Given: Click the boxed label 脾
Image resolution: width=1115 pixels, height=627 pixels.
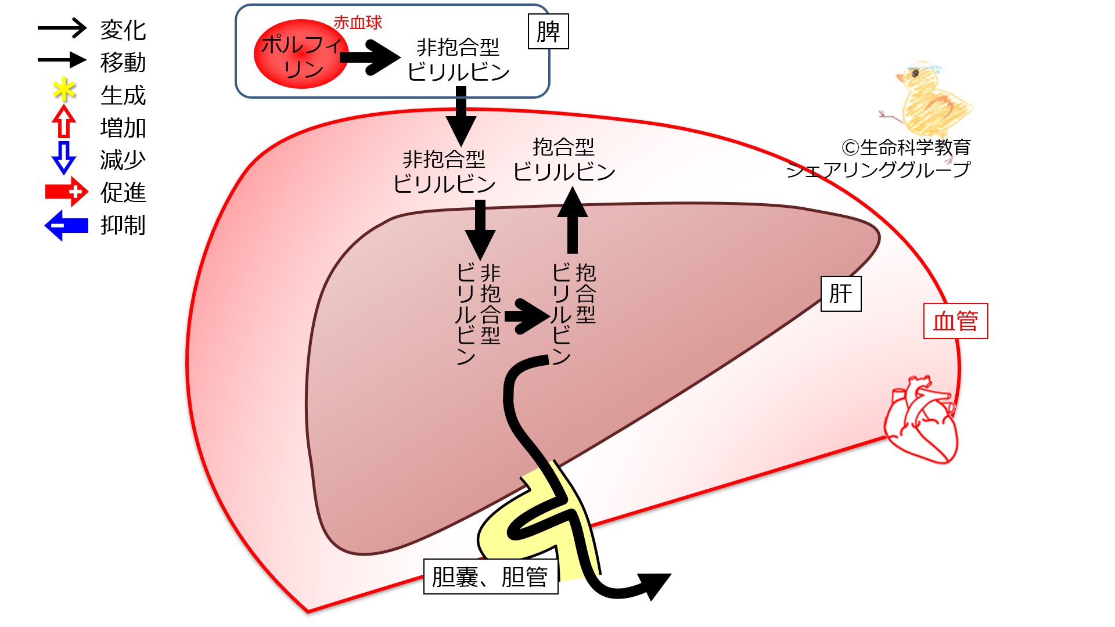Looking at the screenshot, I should [548, 32].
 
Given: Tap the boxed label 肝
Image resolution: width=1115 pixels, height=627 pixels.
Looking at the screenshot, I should [840, 294].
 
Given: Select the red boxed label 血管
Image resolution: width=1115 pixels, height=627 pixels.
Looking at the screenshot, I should [955, 321].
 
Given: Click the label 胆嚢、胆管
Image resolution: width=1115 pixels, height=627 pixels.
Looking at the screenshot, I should [490, 576].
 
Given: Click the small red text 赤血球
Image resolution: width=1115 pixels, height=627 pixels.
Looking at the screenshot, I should [358, 23].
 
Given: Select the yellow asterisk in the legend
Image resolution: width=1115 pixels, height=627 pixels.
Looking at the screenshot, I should [64, 91].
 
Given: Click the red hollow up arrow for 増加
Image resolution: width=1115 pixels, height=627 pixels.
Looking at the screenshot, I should [64, 121].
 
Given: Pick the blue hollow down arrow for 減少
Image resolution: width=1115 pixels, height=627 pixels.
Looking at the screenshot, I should [64, 157].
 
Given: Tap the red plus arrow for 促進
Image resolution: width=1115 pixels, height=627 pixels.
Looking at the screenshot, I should [66, 192].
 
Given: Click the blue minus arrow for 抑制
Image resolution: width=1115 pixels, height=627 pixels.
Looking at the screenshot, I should [66, 225].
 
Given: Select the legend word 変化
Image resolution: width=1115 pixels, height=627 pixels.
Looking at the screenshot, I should [123, 30].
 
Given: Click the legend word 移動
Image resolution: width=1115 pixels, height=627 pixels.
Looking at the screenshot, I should [123, 62].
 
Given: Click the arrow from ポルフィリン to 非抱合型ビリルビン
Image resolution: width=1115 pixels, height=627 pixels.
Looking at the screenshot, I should [370, 57].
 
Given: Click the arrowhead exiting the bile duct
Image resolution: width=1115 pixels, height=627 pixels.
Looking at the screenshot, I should [655, 584].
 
